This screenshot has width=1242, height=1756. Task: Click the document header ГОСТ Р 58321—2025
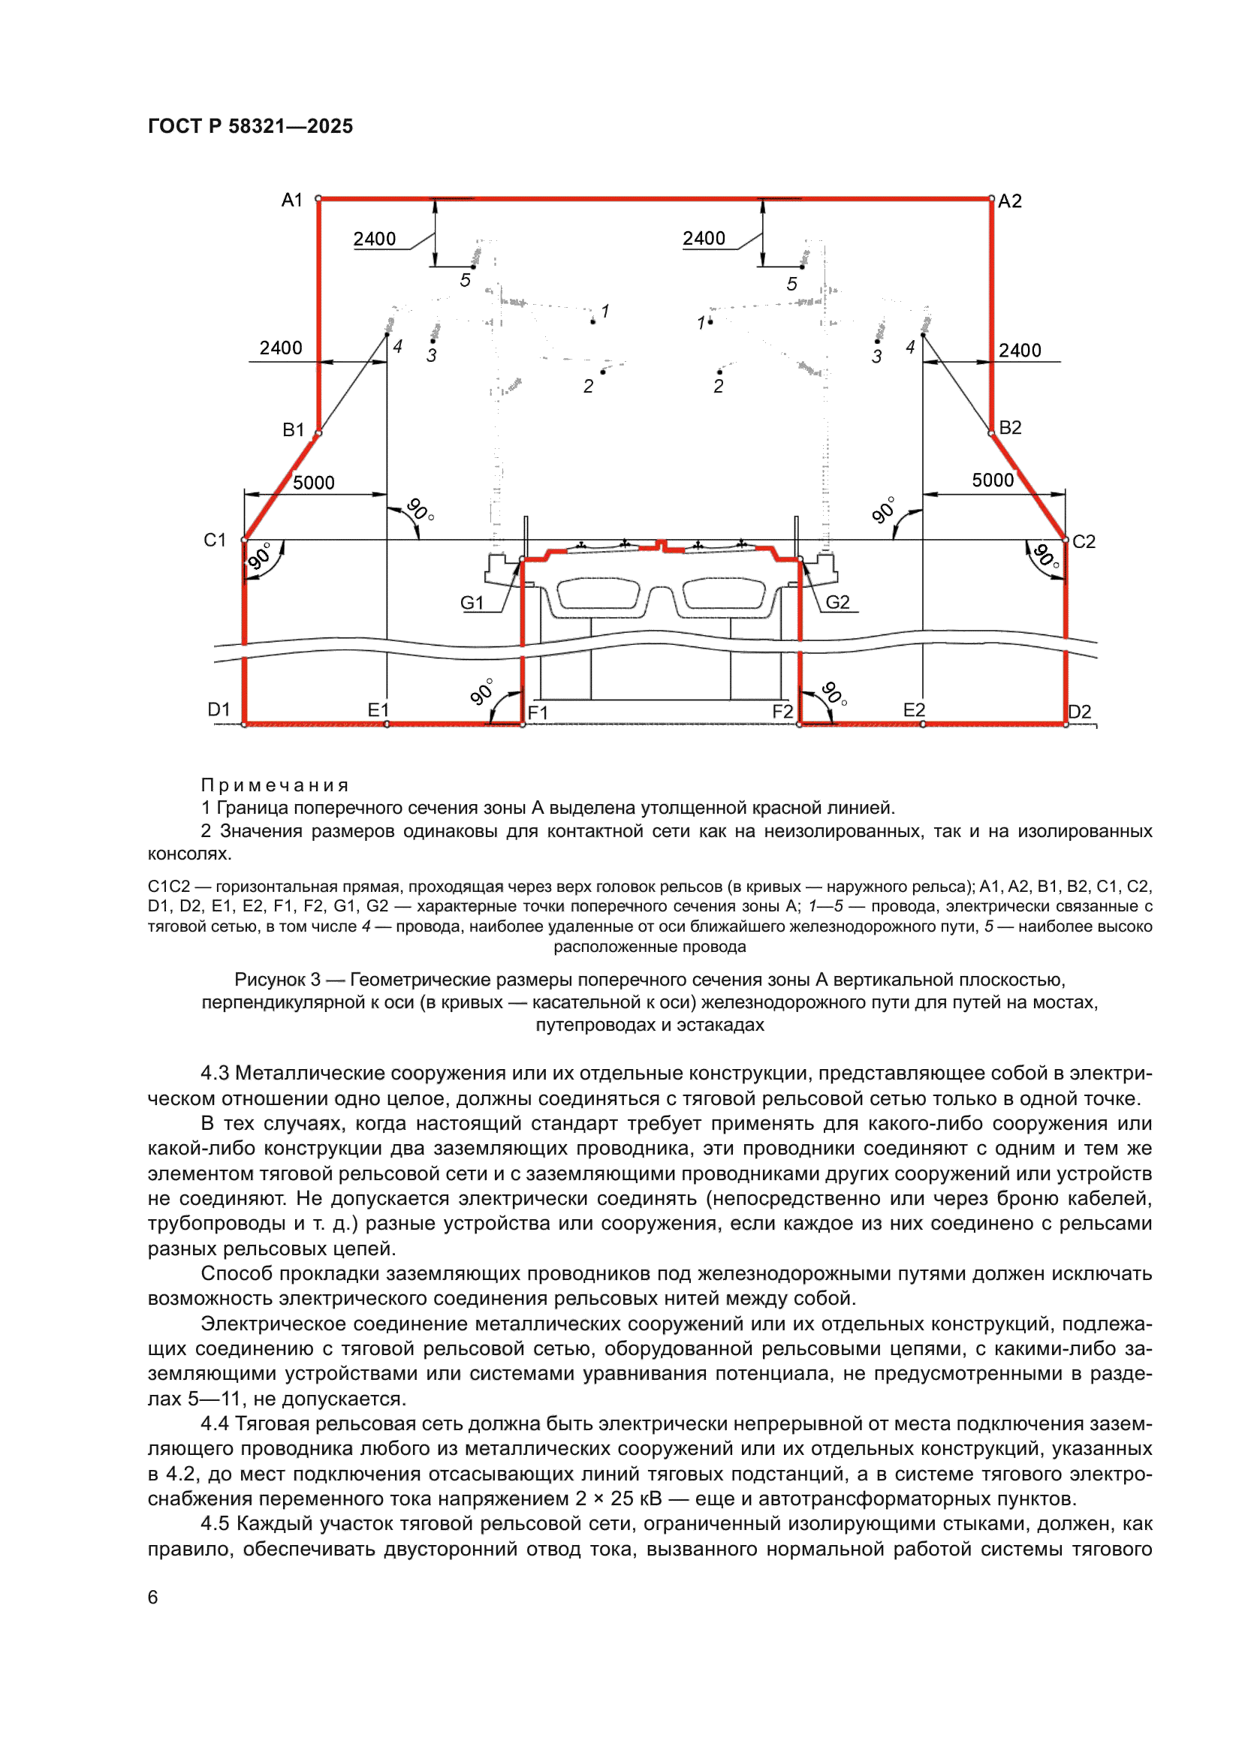tap(250, 126)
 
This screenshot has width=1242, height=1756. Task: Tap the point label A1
tap(292, 200)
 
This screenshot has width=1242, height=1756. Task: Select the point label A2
tap(1009, 201)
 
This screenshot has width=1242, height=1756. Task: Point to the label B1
tap(294, 430)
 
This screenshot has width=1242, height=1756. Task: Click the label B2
tap(1010, 427)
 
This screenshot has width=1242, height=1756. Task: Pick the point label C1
tap(215, 541)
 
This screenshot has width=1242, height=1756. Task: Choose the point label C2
tap(1084, 542)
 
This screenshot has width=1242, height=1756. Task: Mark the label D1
tap(219, 709)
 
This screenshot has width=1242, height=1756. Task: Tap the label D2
tap(1079, 712)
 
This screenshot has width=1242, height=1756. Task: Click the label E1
tap(378, 710)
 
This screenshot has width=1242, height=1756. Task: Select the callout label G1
tap(472, 604)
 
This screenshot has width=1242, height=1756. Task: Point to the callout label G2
tap(837, 603)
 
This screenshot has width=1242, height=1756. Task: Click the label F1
tap(538, 712)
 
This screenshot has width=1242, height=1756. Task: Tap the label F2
tap(782, 712)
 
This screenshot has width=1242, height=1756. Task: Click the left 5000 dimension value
tap(314, 483)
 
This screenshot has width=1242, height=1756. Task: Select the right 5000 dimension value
tap(993, 480)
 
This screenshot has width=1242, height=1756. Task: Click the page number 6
tap(153, 1597)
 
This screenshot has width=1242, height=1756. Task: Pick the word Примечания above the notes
tap(275, 785)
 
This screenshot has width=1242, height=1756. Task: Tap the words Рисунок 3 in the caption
tap(277, 980)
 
